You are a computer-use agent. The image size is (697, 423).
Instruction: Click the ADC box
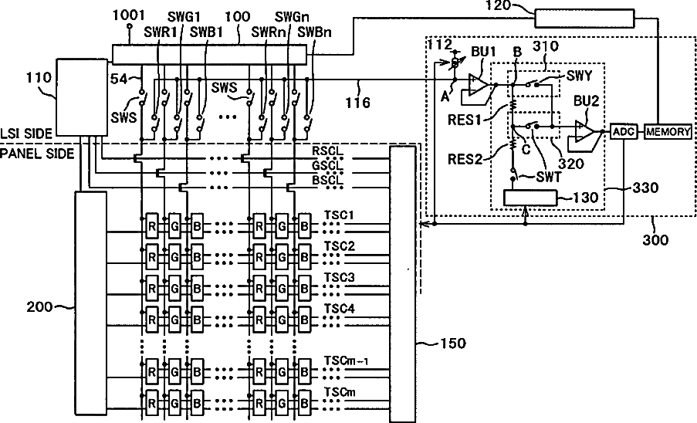point(624,131)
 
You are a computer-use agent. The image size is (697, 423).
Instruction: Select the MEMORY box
point(668,131)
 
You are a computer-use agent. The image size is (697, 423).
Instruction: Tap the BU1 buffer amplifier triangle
point(479,83)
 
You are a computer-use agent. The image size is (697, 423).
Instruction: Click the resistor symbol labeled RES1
point(512,105)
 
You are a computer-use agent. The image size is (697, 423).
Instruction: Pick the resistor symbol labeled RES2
point(512,145)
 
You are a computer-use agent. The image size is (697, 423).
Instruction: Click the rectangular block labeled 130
point(530,198)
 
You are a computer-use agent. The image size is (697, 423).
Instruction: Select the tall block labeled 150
point(403,283)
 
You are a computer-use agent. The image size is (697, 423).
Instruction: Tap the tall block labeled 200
point(90,303)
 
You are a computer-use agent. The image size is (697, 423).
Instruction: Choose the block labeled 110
point(82,97)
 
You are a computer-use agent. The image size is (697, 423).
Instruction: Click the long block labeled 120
point(584,19)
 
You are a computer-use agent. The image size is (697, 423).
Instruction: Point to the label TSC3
point(339,278)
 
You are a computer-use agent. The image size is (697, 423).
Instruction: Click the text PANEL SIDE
point(37,154)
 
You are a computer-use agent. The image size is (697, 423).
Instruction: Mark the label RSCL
point(327,151)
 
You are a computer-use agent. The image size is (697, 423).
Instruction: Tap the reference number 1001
point(128,15)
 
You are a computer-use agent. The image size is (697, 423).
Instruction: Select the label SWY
point(579,76)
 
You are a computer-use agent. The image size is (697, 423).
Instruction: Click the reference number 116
point(358,103)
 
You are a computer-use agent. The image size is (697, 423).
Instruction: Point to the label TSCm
point(340,392)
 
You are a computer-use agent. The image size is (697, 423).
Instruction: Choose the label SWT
point(549,177)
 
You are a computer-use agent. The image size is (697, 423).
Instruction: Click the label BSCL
point(327,180)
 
